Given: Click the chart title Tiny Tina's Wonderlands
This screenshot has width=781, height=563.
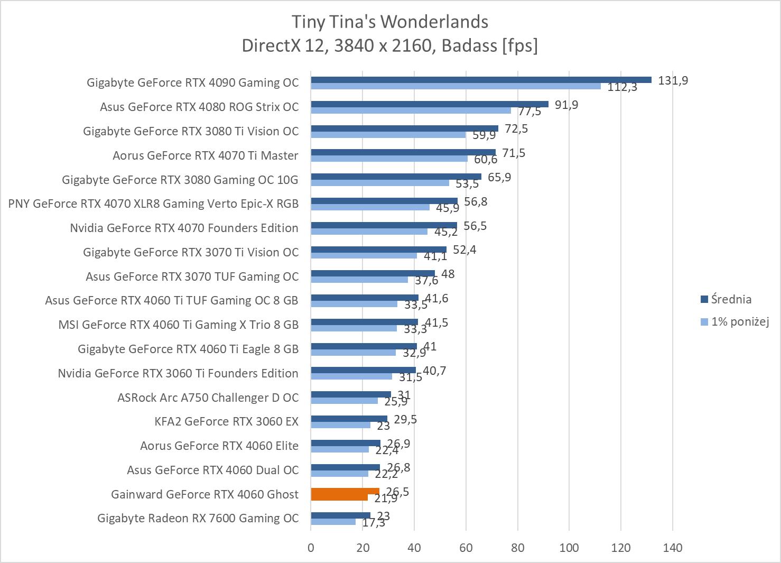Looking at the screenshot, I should click(390, 22).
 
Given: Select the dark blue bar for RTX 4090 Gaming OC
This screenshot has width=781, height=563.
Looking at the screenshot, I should click(481, 80).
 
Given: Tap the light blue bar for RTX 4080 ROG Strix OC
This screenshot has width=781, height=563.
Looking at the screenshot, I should click(411, 110).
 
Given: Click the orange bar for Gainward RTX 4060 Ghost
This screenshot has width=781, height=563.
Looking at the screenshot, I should click(345, 494).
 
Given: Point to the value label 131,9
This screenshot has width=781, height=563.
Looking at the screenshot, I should click(673, 80).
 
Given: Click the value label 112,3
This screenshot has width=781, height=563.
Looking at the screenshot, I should click(622, 87).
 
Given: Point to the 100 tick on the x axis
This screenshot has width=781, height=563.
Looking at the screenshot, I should click(569, 548).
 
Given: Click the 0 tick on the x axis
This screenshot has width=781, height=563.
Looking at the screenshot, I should click(311, 548).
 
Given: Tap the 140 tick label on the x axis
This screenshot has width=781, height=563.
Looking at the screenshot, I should click(672, 548).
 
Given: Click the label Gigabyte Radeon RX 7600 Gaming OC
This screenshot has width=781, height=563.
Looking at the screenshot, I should click(198, 518).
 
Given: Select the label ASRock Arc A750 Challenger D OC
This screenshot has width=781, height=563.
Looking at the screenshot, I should click(208, 398).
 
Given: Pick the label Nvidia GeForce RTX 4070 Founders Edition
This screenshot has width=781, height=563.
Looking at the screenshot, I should click(184, 228).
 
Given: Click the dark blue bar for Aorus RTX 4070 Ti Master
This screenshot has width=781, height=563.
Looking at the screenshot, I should click(403, 152).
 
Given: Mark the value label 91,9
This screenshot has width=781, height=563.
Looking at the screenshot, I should click(566, 105).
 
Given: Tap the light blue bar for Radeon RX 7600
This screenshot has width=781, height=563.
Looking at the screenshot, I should click(333, 522).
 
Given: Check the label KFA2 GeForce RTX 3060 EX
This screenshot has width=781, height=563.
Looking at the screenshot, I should click(226, 421).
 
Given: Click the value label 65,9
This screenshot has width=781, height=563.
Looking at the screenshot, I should click(499, 177).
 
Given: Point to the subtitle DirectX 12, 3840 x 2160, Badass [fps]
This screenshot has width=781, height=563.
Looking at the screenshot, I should click(390, 46).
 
